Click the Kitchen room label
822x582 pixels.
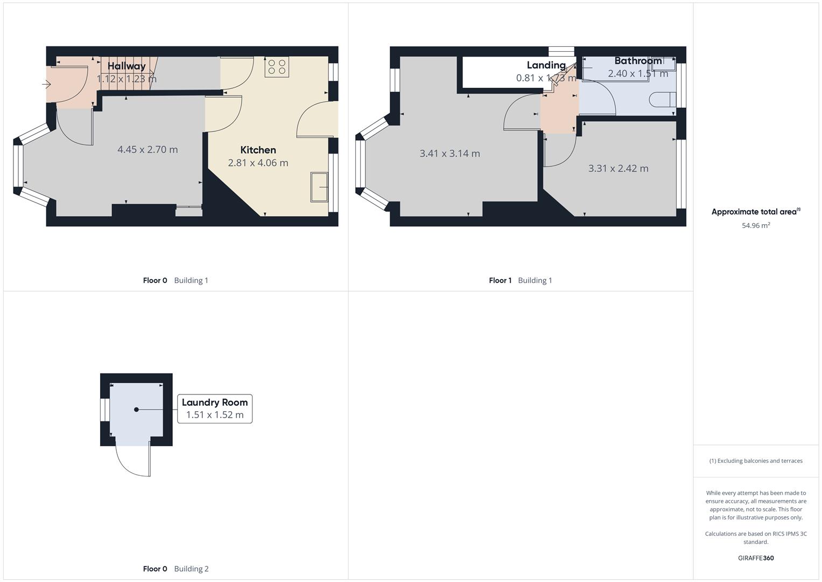pyautogui.click(x=258, y=150)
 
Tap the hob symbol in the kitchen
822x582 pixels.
pyautogui.click(x=277, y=67)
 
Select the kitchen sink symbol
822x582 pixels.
pyautogui.click(x=319, y=187)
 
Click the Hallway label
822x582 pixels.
pyautogui.click(x=127, y=66)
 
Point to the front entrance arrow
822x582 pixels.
pyautogui.click(x=46, y=84)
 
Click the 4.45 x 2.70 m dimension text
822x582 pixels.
pyautogui.click(x=147, y=149)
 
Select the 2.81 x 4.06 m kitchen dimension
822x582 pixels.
pyautogui.click(x=258, y=163)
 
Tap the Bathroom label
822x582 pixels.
pyautogui.click(x=638, y=61)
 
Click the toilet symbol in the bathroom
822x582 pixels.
pyautogui.click(x=662, y=100)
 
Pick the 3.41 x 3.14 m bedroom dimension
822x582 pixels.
pyautogui.click(x=449, y=154)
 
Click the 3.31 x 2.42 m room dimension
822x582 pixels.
pyautogui.click(x=618, y=168)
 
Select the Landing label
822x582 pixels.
pyautogui.click(x=546, y=65)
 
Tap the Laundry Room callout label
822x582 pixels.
pyautogui.click(x=215, y=402)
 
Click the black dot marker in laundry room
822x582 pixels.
pyautogui.click(x=136, y=410)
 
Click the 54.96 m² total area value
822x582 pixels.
pyautogui.click(x=755, y=225)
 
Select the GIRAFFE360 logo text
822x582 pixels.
pyautogui.click(x=755, y=558)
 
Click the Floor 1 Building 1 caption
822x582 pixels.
pyautogui.click(x=520, y=280)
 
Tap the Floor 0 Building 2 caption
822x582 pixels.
pyautogui.click(x=175, y=569)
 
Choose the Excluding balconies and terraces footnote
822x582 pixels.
pyautogui.click(x=755, y=461)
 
